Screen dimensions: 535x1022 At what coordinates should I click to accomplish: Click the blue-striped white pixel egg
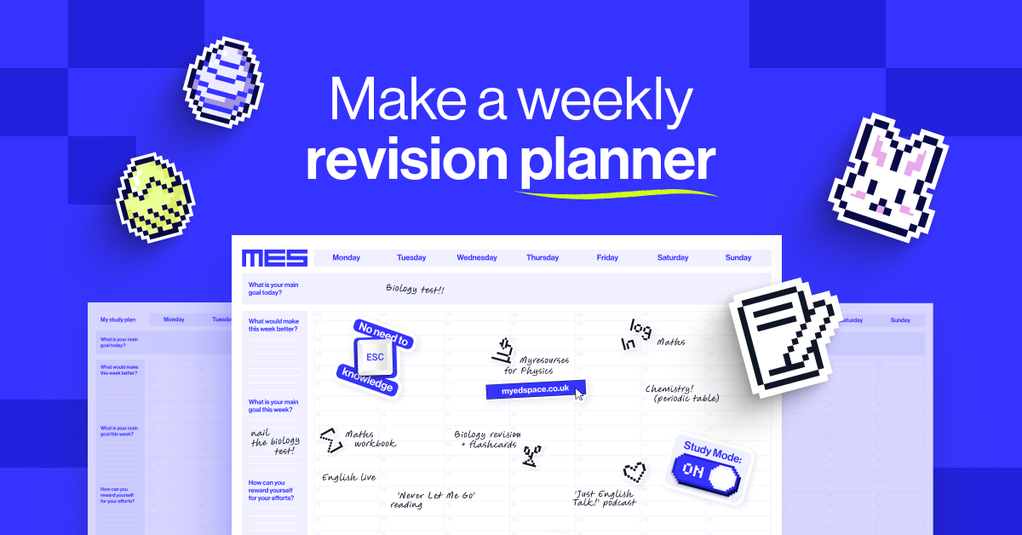coord(223,82)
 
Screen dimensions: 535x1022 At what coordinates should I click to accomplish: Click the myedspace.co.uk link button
coord(534,389)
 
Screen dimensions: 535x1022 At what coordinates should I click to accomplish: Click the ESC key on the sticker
coord(374,359)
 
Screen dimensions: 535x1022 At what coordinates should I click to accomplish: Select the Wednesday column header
coord(477,257)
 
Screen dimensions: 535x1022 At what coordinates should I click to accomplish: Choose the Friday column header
coord(607,257)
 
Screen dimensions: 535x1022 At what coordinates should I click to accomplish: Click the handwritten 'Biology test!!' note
coord(415,289)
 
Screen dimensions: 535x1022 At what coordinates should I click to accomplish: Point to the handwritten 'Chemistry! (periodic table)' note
coord(682,393)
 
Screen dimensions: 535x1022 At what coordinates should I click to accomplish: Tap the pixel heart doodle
coord(634,470)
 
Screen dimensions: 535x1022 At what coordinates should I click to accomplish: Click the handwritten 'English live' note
coord(348,477)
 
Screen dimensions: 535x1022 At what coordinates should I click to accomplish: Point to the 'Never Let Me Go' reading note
coord(435,499)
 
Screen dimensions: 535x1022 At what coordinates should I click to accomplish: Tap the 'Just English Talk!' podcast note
coord(605,498)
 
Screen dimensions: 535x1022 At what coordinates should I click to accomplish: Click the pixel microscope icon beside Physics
coord(502,349)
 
